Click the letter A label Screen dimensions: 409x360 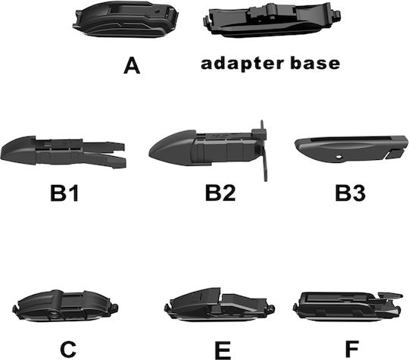tap(132, 66)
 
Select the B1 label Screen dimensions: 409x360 tap(64, 193)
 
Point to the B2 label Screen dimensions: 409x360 tap(220, 193)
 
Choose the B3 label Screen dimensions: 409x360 tap(350, 193)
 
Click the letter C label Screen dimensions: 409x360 tap(68, 349)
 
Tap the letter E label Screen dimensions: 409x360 tap(223, 349)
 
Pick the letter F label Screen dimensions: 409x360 tap(352, 349)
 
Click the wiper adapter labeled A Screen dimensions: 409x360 tap(126, 20)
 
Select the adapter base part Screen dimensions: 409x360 tap(271, 20)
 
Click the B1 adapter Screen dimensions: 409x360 tap(63, 152)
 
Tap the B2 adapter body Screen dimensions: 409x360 tap(206, 149)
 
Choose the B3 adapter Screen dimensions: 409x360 tap(351, 149)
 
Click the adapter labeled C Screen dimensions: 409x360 tap(65, 305)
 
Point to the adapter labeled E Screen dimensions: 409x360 tap(219, 305)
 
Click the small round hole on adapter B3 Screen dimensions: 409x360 tap(339, 157)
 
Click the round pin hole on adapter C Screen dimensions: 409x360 tap(55, 314)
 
